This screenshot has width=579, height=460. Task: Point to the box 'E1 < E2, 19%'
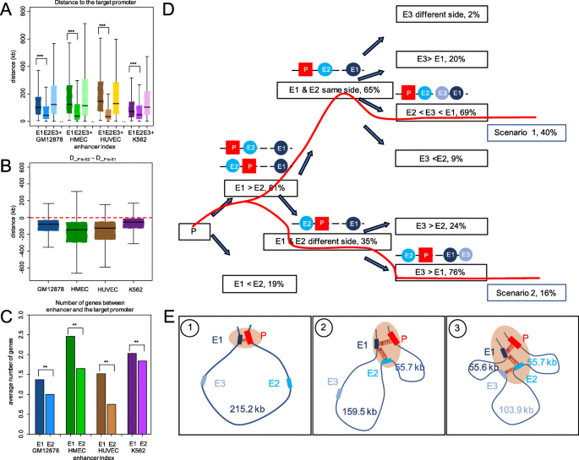pos(265,285)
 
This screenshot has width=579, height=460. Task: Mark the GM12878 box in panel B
pos(47,225)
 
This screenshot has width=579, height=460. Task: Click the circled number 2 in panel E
pos(325,325)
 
